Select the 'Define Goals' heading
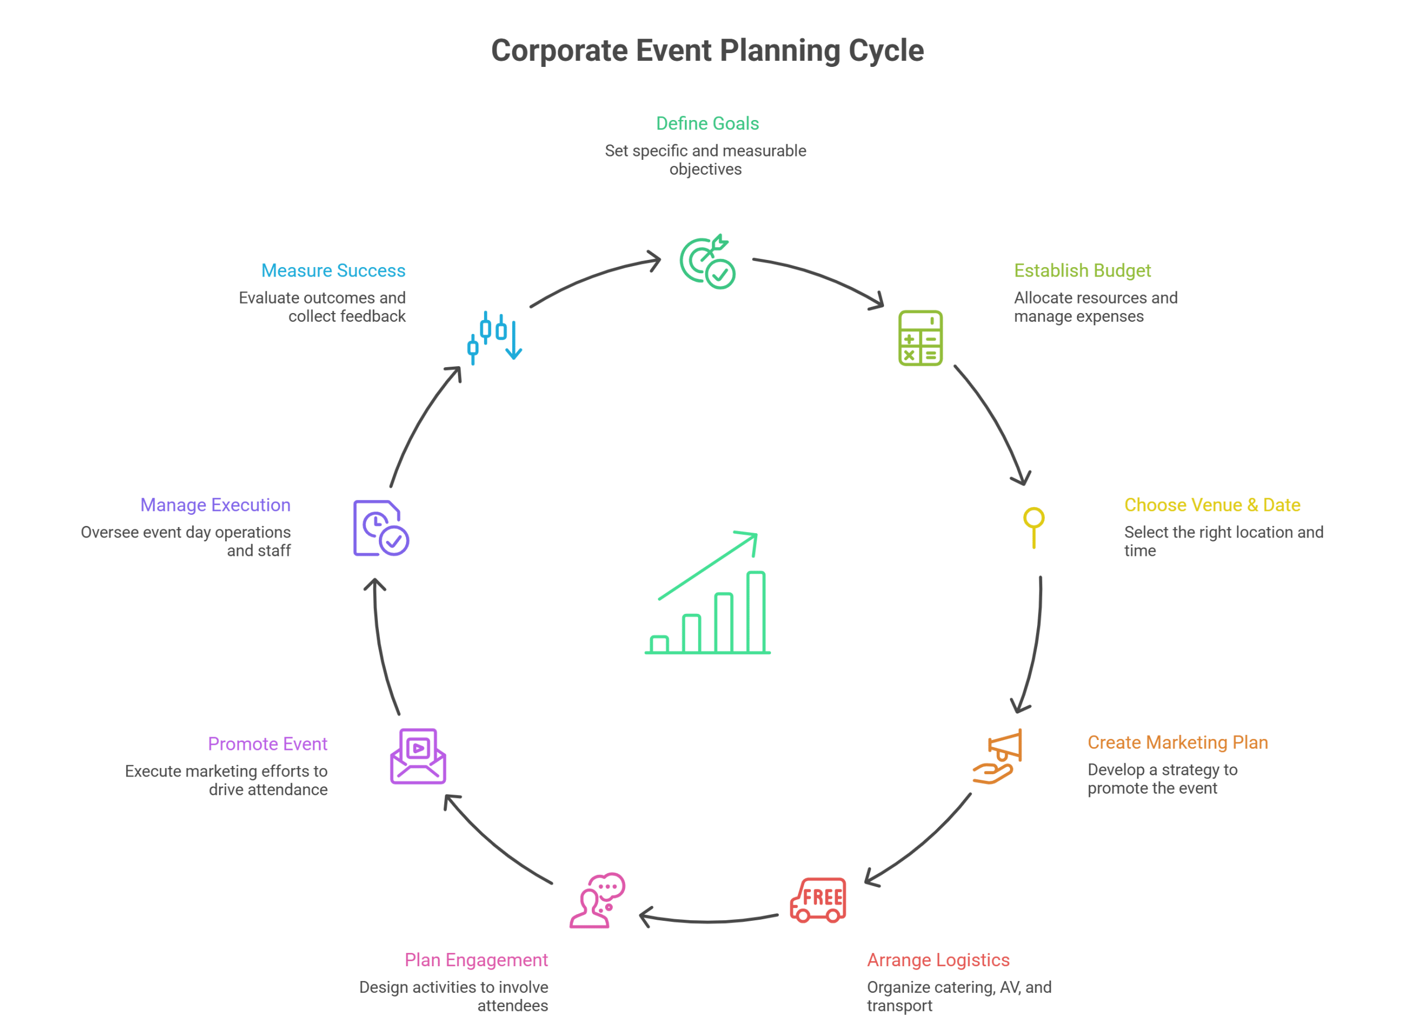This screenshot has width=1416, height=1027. pos(707,124)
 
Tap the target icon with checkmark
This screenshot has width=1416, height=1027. pos(707,263)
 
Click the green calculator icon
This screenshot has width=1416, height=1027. pos(920,338)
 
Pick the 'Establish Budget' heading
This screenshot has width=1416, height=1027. pos(1082,270)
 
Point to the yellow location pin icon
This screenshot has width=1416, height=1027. pos(1034,526)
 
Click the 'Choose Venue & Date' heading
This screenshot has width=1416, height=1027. pos(1212,504)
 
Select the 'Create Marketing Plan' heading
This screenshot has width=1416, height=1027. pos(1178,742)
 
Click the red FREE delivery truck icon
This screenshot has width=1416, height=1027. pos(819,900)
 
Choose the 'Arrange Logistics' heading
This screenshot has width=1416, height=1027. pos(938,960)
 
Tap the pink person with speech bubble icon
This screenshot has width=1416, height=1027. pos(597,900)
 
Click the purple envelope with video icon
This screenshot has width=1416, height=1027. pos(418,756)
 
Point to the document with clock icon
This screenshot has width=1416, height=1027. pos(380,528)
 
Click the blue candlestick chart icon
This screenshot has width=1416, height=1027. pos(494,338)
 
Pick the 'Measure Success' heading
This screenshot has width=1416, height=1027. pos(333,270)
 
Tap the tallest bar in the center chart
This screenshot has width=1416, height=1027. pos(756,612)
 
